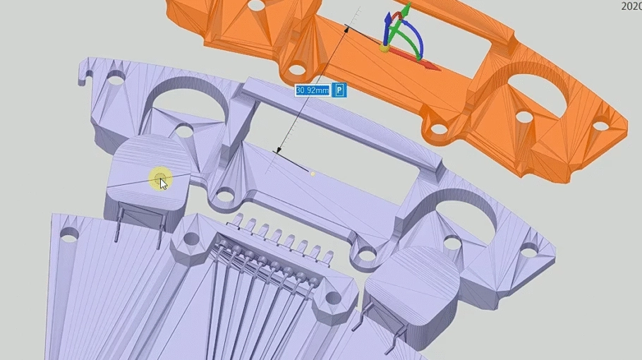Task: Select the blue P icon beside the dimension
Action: (340, 90)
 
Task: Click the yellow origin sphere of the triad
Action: (384, 48)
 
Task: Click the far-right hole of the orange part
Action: (600, 126)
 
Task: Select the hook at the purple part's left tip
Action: (86, 73)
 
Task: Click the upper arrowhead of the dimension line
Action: (347, 28)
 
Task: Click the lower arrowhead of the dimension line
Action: (279, 150)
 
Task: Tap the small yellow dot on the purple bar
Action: (313, 173)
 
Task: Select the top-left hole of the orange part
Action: (258, 5)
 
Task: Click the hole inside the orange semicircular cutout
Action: (523, 116)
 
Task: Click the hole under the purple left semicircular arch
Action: (184, 131)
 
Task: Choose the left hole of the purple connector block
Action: (191, 239)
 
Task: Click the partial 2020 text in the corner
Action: (631, 6)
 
